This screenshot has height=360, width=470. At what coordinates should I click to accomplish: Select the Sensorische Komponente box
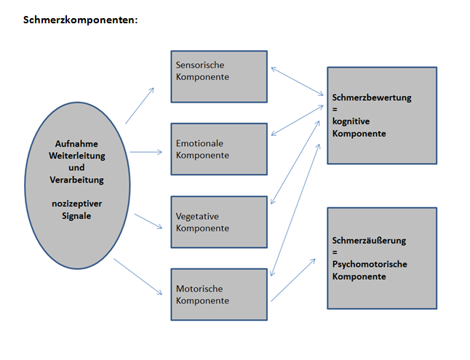coord(218,76)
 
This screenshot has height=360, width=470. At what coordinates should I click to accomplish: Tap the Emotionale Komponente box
coord(218,149)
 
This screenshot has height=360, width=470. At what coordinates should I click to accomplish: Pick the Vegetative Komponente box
coord(218,222)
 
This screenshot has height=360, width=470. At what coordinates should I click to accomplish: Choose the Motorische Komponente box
coord(218,295)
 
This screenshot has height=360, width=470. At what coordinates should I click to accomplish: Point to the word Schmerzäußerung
coord(369,240)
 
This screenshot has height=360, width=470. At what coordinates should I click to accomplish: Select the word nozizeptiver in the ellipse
coord(76,204)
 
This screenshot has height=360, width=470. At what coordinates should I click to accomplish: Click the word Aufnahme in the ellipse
coord(76,143)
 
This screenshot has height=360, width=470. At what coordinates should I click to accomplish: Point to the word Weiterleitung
coord(76,156)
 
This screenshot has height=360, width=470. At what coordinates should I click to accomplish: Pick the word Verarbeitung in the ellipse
coord(76,180)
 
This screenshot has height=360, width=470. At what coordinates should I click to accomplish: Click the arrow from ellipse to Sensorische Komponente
coord(140,105)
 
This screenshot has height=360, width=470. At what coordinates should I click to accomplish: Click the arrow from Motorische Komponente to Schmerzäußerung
coord(295,280)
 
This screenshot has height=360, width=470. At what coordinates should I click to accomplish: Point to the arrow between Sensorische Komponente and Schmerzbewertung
coord(298,82)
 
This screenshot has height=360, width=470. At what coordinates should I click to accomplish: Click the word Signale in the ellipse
coord(76,216)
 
